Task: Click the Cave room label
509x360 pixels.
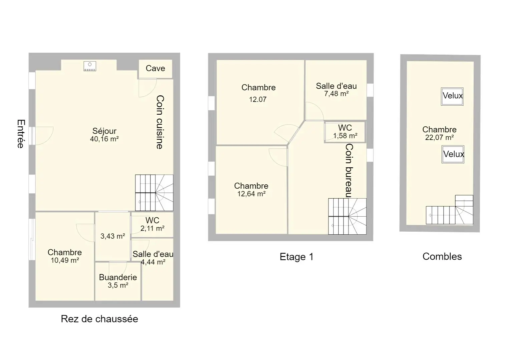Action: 155,68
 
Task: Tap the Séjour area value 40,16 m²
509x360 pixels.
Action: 104,139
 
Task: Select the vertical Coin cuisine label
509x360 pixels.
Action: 160,122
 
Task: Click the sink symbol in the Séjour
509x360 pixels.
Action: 90,66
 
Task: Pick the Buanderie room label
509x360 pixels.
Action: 118,277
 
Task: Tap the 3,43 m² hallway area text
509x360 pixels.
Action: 113,236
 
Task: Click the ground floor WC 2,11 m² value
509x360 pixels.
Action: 152,228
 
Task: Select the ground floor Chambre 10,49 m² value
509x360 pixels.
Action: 65,260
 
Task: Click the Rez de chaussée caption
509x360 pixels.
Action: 99,319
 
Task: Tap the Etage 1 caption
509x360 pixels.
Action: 297,257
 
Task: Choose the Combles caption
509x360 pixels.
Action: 442,256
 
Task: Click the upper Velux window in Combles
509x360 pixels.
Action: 452,96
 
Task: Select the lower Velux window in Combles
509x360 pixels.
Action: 453,154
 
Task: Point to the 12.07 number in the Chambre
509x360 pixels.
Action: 258,99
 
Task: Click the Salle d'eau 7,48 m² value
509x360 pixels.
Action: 336,94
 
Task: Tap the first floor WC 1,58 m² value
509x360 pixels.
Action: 345,136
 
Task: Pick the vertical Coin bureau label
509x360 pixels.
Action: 349,170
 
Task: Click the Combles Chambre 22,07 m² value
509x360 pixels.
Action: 440,137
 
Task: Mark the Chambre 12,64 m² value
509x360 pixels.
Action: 251,194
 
